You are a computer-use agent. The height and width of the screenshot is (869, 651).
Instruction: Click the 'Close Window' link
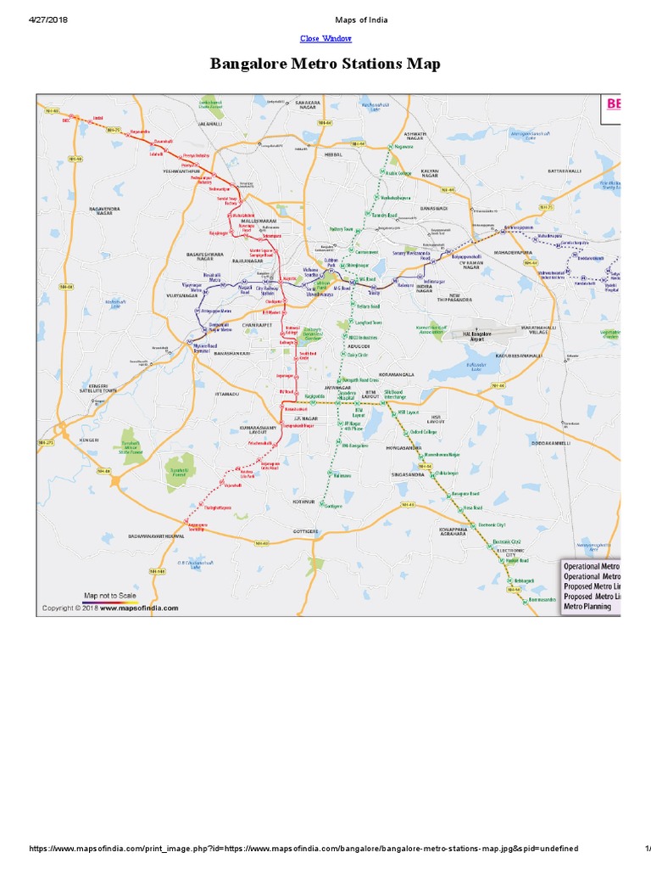325,38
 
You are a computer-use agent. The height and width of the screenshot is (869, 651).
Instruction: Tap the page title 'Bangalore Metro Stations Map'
325,64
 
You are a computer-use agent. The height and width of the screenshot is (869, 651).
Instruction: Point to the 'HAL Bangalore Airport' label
494,336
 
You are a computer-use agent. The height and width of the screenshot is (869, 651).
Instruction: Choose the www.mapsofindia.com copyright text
111,608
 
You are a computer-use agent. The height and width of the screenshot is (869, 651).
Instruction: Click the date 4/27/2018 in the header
48,20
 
